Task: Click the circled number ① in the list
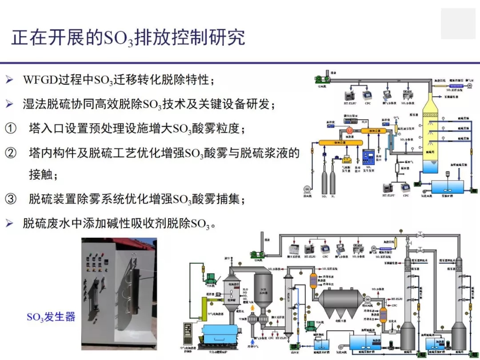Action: click(x=10, y=129)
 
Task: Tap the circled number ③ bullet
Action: click(x=10, y=199)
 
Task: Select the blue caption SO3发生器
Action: click(x=51, y=317)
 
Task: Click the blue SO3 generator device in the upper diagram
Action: click(x=369, y=158)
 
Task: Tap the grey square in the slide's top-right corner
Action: click(x=458, y=23)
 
